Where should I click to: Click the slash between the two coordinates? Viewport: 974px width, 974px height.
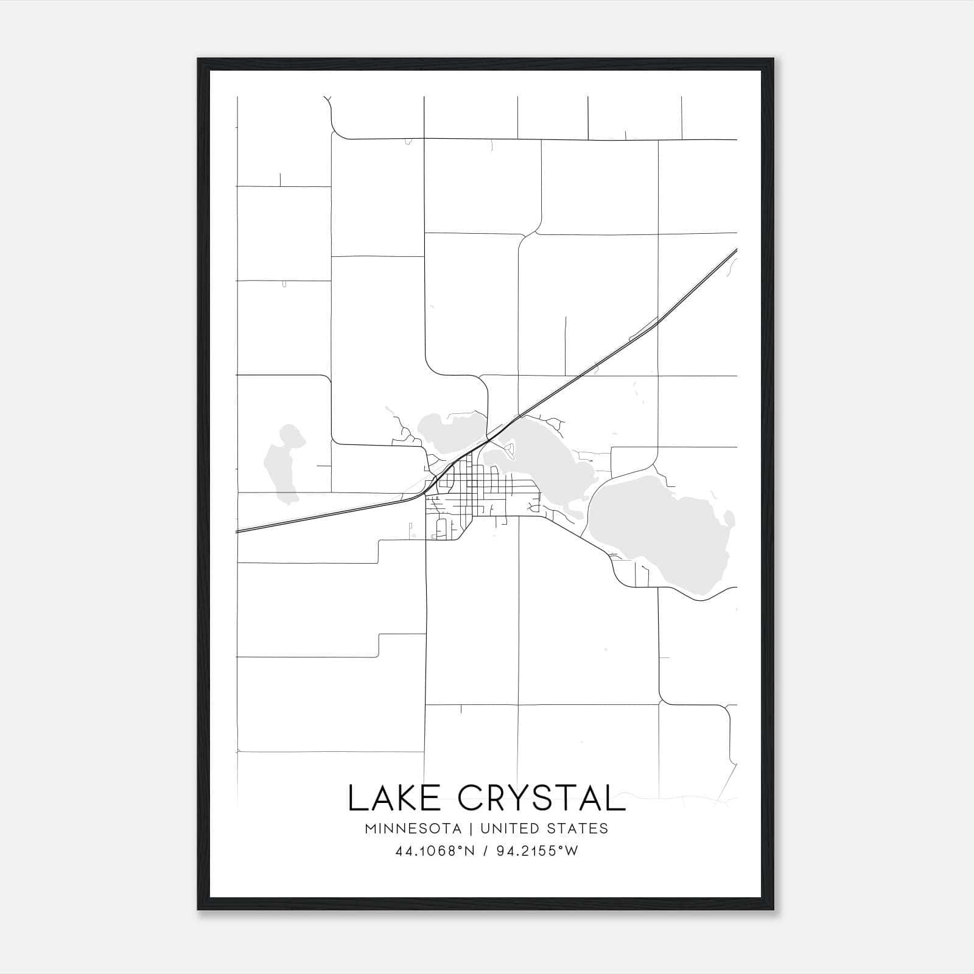pyautogui.click(x=485, y=851)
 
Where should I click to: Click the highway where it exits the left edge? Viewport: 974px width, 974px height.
pyautogui.click(x=239, y=531)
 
